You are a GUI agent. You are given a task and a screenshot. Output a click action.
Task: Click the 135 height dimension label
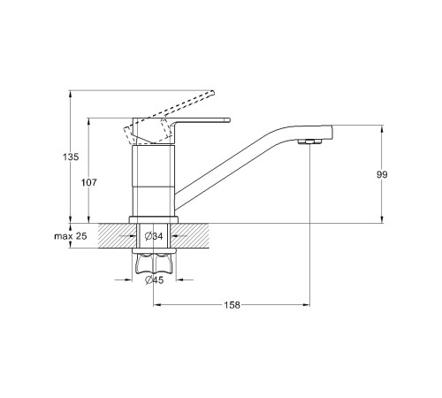71,157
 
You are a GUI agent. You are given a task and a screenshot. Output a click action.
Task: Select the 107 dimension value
88,182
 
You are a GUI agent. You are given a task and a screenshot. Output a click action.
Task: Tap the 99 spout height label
382,174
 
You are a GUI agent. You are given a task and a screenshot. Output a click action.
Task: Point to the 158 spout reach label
232,305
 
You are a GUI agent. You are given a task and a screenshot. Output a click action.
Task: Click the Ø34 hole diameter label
154,236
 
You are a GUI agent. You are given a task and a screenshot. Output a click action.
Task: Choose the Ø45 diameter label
154,279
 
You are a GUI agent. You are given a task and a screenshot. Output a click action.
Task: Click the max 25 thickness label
71,236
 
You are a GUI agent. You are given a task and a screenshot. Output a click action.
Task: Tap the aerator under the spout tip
309,142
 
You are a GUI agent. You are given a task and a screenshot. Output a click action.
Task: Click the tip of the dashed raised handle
212,93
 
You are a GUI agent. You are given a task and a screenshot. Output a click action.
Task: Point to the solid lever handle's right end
229,120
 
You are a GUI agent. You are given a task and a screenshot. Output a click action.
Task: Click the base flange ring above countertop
154,219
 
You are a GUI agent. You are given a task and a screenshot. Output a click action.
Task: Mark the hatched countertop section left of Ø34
118,235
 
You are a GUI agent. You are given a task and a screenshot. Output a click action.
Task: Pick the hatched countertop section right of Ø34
190,235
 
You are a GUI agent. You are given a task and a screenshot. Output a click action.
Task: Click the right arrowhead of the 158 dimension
307,305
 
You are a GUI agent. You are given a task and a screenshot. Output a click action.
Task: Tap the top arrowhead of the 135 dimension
70,94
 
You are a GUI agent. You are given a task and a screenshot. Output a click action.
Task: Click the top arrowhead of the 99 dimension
382,129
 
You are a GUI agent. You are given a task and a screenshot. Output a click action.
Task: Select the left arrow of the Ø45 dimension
124,279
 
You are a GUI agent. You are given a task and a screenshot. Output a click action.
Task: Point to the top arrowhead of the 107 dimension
88,121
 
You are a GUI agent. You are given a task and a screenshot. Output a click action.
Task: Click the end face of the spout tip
331,133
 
